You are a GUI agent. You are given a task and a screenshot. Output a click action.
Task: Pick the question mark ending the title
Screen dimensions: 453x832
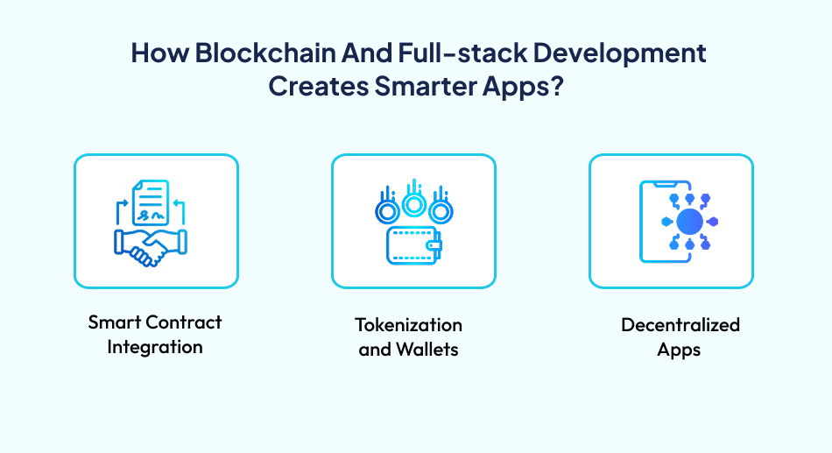tap(555, 87)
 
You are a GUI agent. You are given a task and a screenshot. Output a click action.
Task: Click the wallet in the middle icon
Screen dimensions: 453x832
tap(412, 246)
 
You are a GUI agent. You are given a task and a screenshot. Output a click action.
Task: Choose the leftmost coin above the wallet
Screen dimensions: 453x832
tap(384, 211)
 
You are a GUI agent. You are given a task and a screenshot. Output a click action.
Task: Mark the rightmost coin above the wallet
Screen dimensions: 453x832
tap(442, 211)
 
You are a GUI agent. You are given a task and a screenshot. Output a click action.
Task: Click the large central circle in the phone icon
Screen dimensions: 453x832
tap(690, 220)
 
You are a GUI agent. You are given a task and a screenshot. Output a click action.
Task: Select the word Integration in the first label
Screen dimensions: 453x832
tap(155, 347)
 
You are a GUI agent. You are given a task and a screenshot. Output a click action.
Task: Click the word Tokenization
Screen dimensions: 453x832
tap(408, 325)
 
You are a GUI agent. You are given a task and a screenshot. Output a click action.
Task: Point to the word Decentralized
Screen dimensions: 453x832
tap(680, 325)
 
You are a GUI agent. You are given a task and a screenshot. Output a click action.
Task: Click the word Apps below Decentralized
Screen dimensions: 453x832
tap(680, 350)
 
